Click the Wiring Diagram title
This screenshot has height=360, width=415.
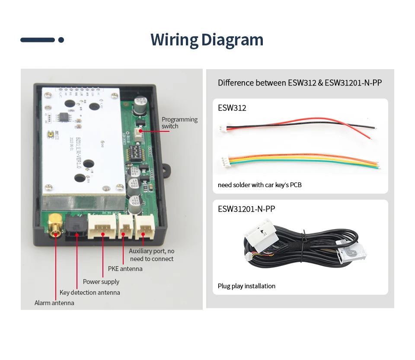(x=207, y=40)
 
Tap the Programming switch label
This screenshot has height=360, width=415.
(x=179, y=123)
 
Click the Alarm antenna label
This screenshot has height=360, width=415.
(x=54, y=303)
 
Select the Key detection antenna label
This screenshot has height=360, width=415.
(x=89, y=293)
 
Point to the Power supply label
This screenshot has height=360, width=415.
(x=101, y=282)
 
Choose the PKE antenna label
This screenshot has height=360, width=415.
(x=125, y=269)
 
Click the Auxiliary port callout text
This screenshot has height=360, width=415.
(x=152, y=255)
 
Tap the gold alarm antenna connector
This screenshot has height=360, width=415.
(x=55, y=226)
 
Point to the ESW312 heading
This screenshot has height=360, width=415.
(x=232, y=108)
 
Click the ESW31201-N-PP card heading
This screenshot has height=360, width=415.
(x=246, y=209)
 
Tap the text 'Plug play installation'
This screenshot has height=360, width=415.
(x=246, y=286)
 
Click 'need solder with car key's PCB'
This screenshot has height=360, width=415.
(x=260, y=185)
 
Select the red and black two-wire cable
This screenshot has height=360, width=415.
(x=298, y=126)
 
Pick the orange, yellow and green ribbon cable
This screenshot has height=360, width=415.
(x=298, y=162)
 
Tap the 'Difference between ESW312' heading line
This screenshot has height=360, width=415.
(x=300, y=83)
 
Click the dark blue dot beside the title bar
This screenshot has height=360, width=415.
(x=61, y=40)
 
